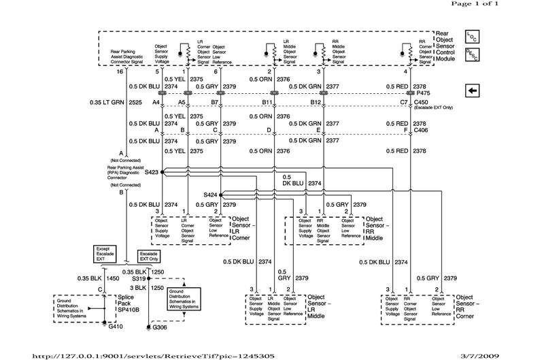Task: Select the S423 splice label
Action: coord(152,173)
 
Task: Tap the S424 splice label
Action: coord(211,195)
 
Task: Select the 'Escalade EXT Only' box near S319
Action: coord(151,256)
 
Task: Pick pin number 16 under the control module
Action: coord(121,71)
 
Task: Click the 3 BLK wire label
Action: coord(139,288)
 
